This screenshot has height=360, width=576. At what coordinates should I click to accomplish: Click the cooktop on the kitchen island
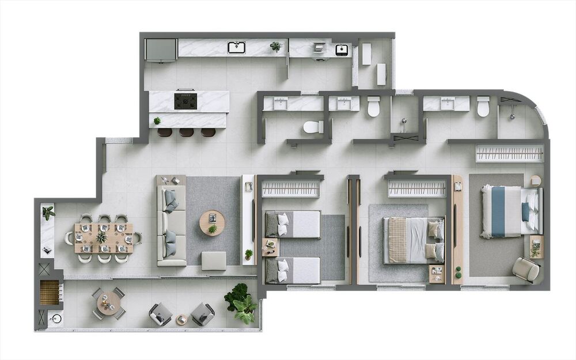click(x=185, y=101)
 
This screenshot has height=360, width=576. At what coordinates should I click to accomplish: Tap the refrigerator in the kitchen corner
click(x=160, y=50)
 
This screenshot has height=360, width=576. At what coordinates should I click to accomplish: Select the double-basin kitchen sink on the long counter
click(x=236, y=47)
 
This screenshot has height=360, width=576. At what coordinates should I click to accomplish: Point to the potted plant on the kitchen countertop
click(x=276, y=46)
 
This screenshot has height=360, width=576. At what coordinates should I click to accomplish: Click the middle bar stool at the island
click(x=186, y=132)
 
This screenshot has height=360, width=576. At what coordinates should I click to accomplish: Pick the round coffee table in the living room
click(x=213, y=222)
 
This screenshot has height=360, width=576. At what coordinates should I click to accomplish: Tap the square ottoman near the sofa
click(x=214, y=260)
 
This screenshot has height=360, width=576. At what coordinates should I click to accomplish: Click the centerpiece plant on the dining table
click(x=102, y=237)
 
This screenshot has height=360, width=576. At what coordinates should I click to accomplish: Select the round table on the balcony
click(x=108, y=302)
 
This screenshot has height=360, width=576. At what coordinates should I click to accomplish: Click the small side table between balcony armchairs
click(x=181, y=319)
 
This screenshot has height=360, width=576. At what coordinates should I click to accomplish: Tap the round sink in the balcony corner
click(x=56, y=318)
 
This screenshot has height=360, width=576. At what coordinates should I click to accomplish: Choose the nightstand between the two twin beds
click(x=270, y=247)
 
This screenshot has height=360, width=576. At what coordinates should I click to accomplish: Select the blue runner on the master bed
click(x=498, y=211)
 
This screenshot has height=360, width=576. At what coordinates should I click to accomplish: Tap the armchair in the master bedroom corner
click(x=525, y=269)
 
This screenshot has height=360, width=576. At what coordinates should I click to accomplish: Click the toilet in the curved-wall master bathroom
click(x=483, y=106)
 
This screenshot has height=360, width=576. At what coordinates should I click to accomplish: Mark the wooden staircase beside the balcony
click(x=50, y=291)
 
